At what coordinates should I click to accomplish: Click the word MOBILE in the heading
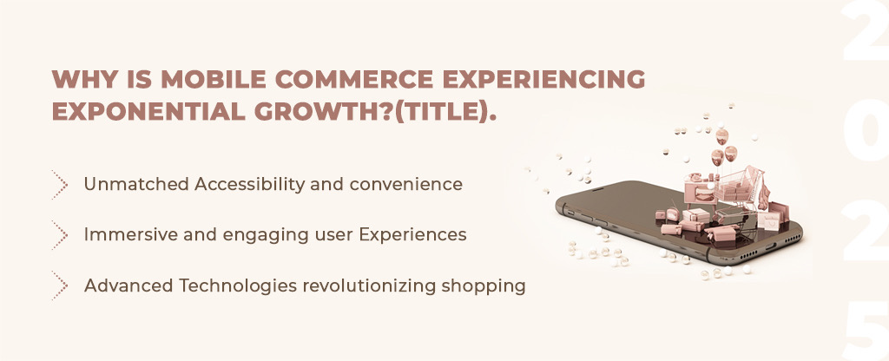pos(214,79)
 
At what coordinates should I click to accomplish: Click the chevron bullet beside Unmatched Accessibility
pos(60,184)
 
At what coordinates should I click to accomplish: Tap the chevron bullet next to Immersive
pos(60,234)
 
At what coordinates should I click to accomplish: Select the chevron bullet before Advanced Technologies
pos(60,285)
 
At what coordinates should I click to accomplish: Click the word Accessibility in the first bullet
pos(249,185)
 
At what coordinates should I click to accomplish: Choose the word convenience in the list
pos(406,184)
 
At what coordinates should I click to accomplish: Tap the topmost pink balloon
pos(721,136)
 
